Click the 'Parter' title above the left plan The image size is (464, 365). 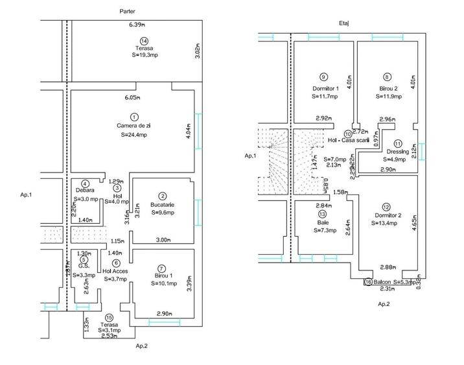click(128, 12)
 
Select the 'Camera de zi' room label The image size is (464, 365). click(133, 125)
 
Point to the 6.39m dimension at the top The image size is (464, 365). click(137, 25)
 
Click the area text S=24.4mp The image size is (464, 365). click(133, 135)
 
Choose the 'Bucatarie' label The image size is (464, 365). click(163, 204)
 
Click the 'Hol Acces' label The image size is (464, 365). click(115, 271)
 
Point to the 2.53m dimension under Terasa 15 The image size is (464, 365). click(108, 336)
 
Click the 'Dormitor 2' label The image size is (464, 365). click(388, 215)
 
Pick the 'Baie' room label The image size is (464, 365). click(322, 222)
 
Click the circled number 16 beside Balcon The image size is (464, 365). click(368, 282)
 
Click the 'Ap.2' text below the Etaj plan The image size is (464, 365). click(384, 303)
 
